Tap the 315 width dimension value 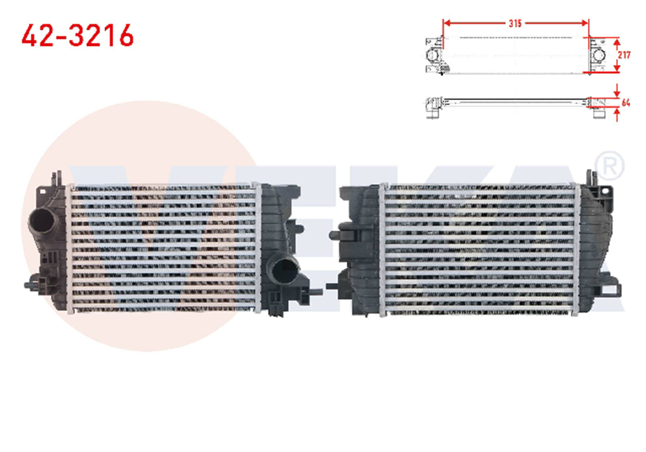coord(515,23)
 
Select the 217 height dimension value coord(624,56)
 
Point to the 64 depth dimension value coord(625,102)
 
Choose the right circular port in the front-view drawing coord(599,57)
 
